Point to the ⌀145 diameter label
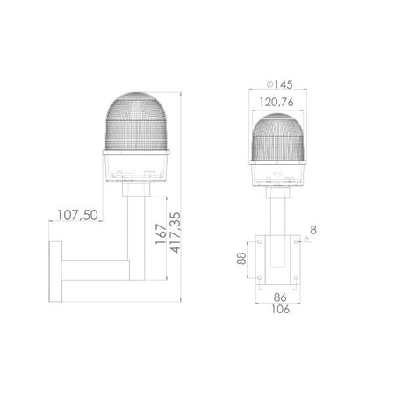click(278, 83)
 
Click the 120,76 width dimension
click(278, 102)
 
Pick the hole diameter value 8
click(313, 233)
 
